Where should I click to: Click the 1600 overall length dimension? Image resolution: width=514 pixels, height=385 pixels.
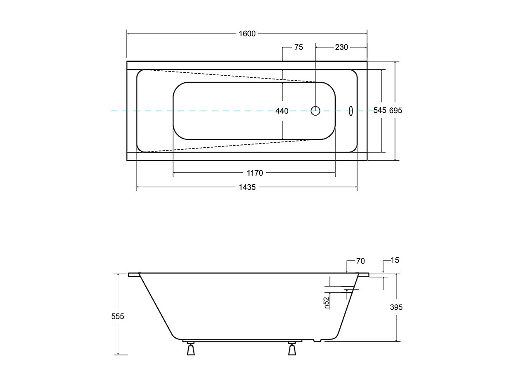pos(247,34)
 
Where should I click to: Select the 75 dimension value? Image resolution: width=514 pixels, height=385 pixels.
pos(298,47)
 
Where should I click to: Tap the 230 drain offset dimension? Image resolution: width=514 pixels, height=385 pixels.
pos(341,47)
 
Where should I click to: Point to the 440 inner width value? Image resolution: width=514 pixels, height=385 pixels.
pos(282,111)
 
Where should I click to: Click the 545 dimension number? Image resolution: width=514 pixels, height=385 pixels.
pos(380,110)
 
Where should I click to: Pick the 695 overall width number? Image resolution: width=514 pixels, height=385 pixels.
pos(395,110)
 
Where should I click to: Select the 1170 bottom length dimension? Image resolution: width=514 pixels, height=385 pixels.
pos(254,173)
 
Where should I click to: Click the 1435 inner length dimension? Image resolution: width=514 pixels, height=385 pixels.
pos(247,187)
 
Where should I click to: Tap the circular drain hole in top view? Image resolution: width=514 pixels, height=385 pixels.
pos(315,111)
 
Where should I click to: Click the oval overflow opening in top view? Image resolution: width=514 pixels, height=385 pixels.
pos(351,111)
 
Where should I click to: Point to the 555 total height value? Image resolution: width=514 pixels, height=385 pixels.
pos(117,316)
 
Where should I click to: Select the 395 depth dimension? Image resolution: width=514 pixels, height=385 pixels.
pos(396,307)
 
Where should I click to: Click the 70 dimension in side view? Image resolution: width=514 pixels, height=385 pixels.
pos(360,261)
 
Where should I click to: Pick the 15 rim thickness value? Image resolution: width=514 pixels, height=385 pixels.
pos(395,260)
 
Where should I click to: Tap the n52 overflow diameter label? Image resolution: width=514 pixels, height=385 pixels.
pos(326,302)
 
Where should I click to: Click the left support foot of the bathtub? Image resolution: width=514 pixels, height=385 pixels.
pos(190,349)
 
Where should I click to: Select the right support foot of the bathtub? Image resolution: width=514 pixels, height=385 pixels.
pos(292,349)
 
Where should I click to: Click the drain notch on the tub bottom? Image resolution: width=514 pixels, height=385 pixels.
pos(317,341)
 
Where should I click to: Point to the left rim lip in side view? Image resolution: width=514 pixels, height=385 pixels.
pos(134,275)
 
